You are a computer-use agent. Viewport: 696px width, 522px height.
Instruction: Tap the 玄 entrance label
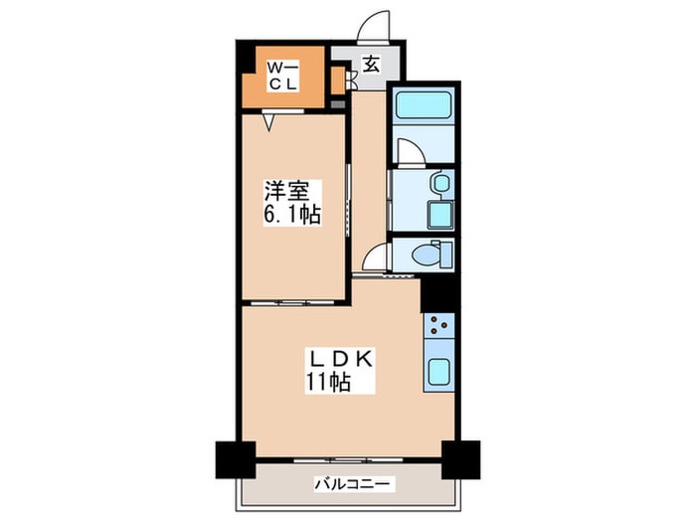370,65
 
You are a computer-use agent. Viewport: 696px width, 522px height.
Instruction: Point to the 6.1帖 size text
291,214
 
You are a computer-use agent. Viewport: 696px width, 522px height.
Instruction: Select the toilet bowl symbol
425,256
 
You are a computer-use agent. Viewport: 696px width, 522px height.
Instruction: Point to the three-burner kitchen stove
438,324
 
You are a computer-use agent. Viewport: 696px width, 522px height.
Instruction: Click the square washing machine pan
437,215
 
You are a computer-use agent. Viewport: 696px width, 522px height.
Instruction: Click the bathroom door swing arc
409,150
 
